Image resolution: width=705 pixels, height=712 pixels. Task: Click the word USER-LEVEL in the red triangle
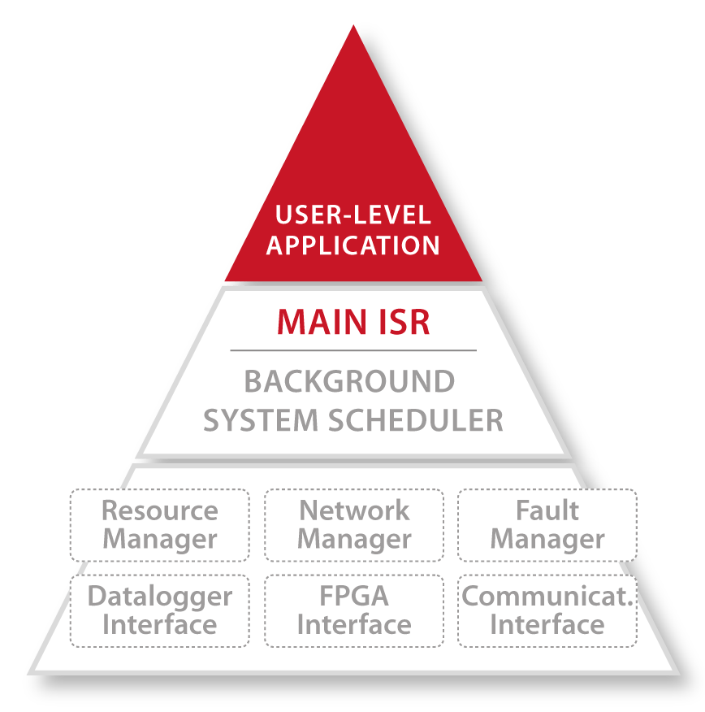point(352,215)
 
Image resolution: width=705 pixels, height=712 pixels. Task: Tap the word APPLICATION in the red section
point(352,245)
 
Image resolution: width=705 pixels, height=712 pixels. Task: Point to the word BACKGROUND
point(349,381)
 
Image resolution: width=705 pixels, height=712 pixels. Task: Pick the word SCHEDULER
point(416,420)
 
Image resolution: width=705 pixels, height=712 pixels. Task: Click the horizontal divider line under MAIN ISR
point(353,350)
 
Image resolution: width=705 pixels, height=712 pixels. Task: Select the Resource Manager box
point(159,525)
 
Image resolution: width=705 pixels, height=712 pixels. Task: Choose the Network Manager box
point(354,525)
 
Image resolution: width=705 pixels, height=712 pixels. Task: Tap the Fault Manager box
point(547,525)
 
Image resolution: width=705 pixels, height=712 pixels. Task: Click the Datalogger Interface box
point(159,611)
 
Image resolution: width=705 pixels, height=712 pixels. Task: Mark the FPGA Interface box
point(354,611)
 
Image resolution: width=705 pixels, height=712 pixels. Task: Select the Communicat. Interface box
point(547,611)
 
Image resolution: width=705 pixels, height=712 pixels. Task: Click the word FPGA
point(354,597)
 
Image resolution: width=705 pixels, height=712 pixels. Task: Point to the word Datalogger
point(159,597)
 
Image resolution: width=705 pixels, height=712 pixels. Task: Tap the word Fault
point(547,511)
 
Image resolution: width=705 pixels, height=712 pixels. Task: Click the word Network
point(354,511)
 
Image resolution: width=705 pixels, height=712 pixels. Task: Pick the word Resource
point(159,511)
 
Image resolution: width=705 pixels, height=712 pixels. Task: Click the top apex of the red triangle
point(353,28)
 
